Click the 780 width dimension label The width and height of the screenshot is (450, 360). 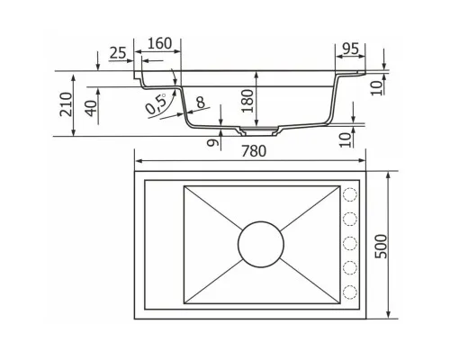[x=254, y=151]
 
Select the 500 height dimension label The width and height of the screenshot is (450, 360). [x=382, y=246]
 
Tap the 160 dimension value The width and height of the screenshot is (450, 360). [x=160, y=43]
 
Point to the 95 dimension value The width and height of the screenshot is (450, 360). [x=350, y=49]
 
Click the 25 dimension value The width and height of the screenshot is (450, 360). [x=118, y=53]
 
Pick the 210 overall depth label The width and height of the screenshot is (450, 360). [x=66, y=104]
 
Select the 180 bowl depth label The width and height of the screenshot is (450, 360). [x=247, y=101]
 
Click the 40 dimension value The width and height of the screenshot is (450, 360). [x=91, y=108]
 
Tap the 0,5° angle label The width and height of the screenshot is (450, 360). [x=156, y=103]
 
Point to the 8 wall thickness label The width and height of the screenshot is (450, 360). [x=201, y=103]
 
